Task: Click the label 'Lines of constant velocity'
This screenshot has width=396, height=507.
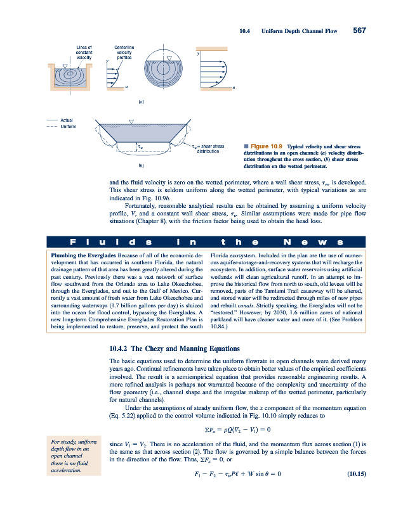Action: click(84, 52)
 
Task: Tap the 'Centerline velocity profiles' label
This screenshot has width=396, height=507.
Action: click(124, 52)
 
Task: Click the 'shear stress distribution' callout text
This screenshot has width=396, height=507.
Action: click(208, 149)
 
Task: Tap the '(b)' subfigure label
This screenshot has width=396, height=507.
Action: click(140, 165)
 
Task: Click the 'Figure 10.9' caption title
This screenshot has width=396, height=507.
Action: click(263, 145)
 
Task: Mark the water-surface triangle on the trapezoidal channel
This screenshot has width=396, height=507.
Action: click(131, 121)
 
